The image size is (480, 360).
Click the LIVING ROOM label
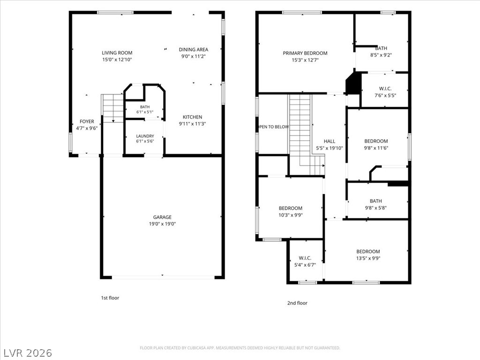[x=117, y=52]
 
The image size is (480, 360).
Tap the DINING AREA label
[x=194, y=49]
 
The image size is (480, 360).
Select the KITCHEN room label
[x=192, y=117]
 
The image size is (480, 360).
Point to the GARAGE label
[x=162, y=217]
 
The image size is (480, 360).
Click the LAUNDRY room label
[x=145, y=136]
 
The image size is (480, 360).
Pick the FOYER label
[x=87, y=121]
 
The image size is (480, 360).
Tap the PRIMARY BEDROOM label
[x=305, y=53]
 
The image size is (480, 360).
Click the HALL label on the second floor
[x=330, y=141]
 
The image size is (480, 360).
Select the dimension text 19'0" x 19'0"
[x=162, y=224]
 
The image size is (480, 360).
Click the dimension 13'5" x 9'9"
[x=368, y=258]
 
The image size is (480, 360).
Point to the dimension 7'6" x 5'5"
[x=385, y=95]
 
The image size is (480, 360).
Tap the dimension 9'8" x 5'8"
[x=375, y=208]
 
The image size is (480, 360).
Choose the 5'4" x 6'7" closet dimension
[x=305, y=265]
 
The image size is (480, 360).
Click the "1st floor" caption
[x=110, y=298]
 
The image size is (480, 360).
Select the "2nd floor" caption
[x=297, y=303]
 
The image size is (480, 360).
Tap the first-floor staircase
[x=112, y=108]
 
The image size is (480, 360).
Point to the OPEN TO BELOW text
[x=273, y=127]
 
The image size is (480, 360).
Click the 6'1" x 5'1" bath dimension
[x=145, y=112]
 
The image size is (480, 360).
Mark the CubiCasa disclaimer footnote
[x=240, y=348]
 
